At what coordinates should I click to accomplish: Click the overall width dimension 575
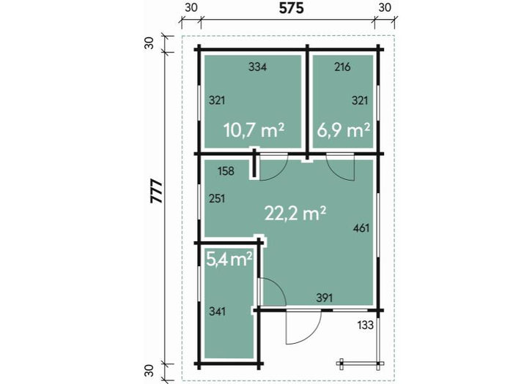(291, 8)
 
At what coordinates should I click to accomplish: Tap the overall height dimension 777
(157, 192)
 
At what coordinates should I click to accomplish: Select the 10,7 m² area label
(254, 130)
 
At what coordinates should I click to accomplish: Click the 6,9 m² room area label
(344, 130)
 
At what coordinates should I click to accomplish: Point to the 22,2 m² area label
(295, 214)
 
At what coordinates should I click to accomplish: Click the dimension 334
(257, 67)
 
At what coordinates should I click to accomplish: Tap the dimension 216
(342, 67)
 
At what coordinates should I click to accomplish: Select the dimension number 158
(226, 170)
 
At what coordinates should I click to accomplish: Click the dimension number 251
(217, 198)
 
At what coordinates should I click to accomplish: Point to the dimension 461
(361, 228)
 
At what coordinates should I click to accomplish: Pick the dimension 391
(325, 298)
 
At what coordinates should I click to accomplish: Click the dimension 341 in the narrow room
(217, 312)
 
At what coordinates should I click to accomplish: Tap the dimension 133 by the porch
(366, 325)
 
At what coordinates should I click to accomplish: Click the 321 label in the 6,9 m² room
(360, 101)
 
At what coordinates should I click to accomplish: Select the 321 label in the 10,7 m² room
(217, 101)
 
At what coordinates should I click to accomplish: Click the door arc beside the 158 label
(281, 173)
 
